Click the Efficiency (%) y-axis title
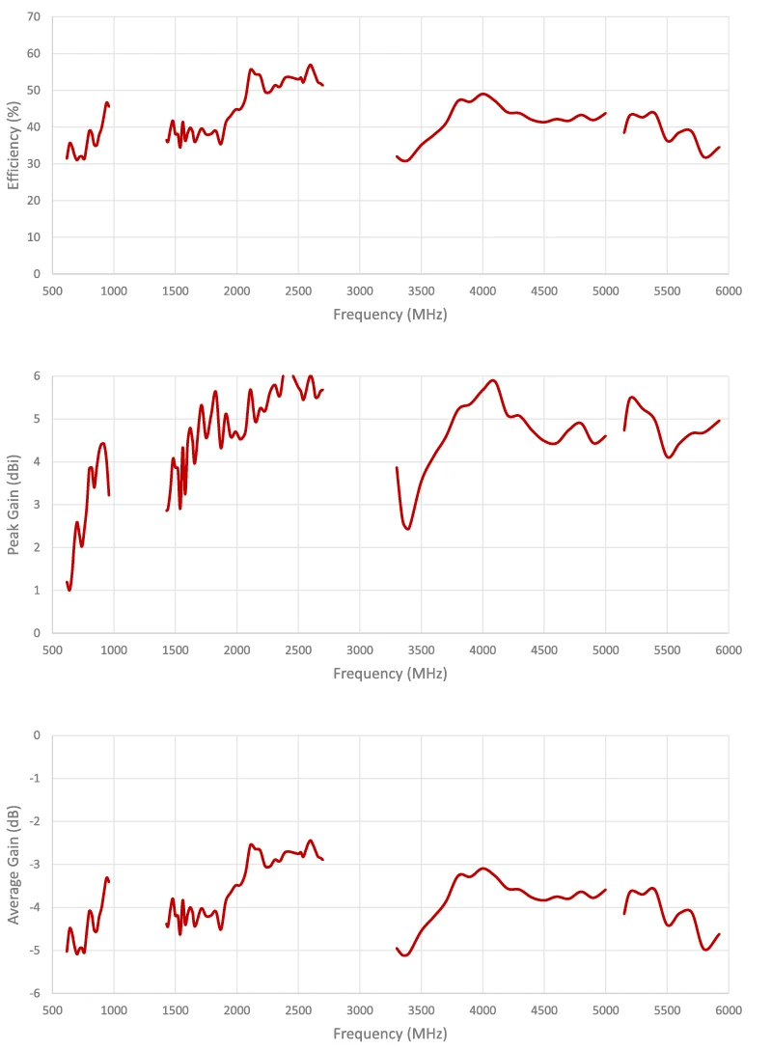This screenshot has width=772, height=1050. tap(14, 146)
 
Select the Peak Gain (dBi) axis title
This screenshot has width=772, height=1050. tap(14, 504)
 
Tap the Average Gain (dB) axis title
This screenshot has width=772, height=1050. tap(14, 863)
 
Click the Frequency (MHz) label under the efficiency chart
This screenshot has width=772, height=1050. tap(390, 315)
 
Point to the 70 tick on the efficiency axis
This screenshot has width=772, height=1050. tap(34, 16)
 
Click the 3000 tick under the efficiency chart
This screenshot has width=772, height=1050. tap(360, 290)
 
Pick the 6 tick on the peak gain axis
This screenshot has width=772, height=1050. tap(37, 375)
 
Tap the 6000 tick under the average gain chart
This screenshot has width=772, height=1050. tap(728, 1009)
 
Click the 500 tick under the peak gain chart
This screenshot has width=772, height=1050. tap(52, 649)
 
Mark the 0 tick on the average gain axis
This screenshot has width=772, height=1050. tap(37, 735)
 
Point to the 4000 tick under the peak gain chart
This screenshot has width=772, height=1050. tap(482, 649)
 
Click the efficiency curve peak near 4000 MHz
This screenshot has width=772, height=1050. tap(483, 94)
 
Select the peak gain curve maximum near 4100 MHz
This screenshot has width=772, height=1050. tap(493, 380)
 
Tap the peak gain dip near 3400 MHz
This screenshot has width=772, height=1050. tap(408, 529)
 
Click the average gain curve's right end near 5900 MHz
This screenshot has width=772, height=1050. tap(719, 934)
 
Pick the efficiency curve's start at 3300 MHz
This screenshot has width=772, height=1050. tap(397, 155)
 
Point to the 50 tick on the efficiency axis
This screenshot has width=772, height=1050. tap(34, 90)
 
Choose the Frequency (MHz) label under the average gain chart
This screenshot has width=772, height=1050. tap(390, 1034)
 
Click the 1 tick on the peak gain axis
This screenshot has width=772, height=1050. tap(37, 590)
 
